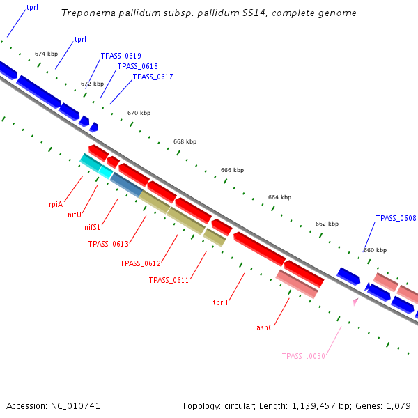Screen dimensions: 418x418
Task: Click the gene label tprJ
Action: point(32,7)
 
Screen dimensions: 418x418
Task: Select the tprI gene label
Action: point(80,40)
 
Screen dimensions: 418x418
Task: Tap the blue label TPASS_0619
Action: point(121,56)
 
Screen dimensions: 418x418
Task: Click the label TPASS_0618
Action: point(137,66)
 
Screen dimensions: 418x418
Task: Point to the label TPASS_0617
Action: point(153,77)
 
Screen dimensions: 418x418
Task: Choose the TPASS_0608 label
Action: point(396,218)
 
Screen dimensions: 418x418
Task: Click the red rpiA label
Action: point(56,204)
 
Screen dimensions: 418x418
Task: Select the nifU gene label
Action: point(75,215)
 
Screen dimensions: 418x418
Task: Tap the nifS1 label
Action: point(92,227)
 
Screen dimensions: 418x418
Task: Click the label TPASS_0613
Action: point(108,244)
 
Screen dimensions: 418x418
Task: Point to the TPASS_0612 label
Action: point(140,263)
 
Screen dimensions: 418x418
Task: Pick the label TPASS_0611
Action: point(169,280)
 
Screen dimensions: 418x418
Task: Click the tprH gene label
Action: point(221,302)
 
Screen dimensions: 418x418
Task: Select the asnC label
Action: point(265,327)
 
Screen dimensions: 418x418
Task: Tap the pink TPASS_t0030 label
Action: point(303,356)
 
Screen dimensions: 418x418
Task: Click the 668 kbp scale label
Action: point(185,141)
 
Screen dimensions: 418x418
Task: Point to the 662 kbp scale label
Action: point(327,224)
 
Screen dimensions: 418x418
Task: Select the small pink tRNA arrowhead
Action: point(355,302)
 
